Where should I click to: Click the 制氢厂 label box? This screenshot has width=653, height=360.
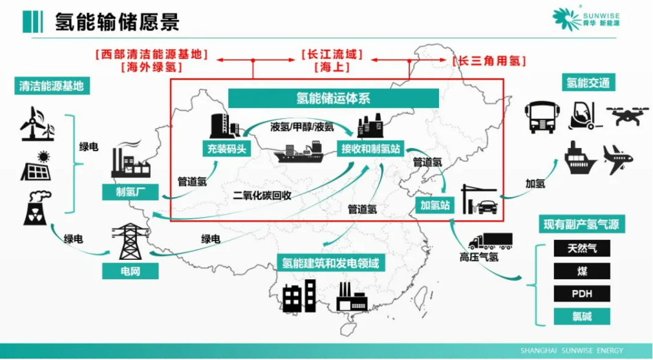125,192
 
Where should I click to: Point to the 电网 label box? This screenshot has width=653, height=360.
130,270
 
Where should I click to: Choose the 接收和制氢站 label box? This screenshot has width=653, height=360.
371,149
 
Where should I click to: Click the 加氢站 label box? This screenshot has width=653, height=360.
434,206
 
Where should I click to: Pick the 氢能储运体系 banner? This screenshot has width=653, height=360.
334,98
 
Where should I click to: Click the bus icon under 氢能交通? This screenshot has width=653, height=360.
541,116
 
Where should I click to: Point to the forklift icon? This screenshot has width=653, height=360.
582,116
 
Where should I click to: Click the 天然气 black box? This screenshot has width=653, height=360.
581,248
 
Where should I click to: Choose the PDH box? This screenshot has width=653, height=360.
581,293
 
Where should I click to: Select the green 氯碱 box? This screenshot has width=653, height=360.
581,317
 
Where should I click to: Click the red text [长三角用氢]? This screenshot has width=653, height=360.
489,61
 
